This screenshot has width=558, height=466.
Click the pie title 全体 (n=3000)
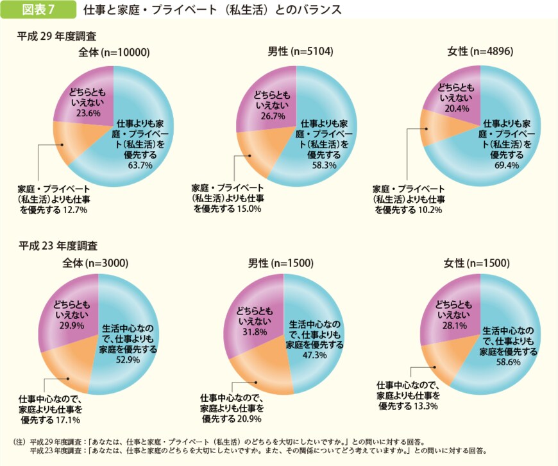96,263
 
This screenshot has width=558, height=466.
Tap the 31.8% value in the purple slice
255,332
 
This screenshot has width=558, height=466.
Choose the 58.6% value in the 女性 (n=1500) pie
508,362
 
